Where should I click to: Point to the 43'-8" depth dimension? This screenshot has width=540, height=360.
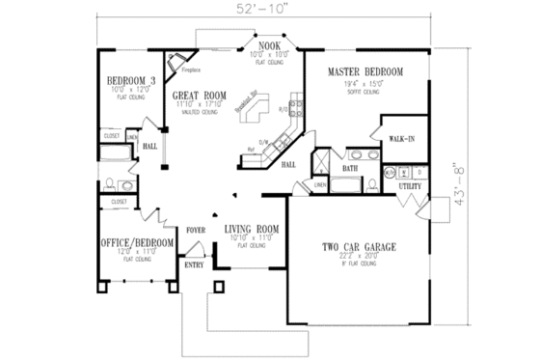tap(494, 180)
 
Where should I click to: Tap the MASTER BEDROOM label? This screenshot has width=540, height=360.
tap(364, 72)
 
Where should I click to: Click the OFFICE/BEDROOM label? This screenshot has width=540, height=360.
tap(137, 242)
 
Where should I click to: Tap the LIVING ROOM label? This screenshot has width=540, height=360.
tap(253, 230)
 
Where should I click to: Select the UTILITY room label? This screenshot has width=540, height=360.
tap(411, 184)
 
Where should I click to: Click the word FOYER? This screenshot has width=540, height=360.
tap(197, 230)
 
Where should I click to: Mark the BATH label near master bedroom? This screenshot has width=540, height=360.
tap(350, 168)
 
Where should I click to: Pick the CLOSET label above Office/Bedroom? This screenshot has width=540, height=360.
tap(119, 202)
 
